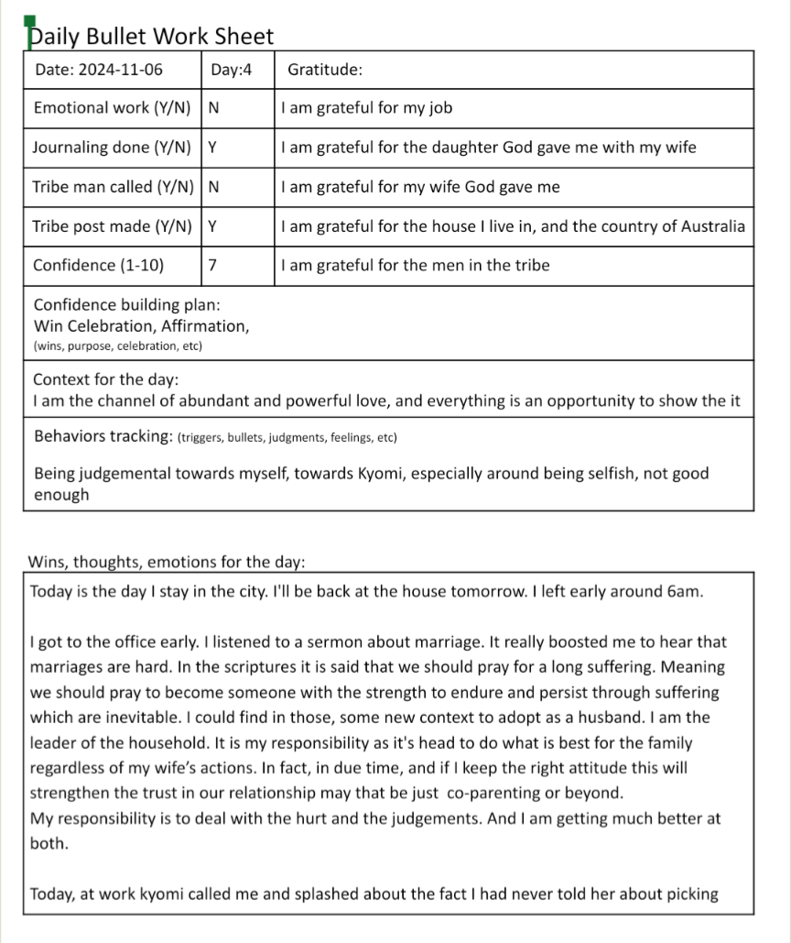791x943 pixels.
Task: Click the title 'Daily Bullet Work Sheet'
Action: pyautogui.click(x=151, y=37)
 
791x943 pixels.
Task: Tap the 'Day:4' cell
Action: pyautogui.click(x=231, y=70)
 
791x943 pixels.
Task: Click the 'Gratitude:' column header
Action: pyautogui.click(x=325, y=70)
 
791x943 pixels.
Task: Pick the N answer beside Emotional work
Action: pyautogui.click(x=214, y=108)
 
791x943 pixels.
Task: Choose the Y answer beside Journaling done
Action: pyautogui.click(x=213, y=148)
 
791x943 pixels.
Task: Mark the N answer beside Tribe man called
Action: pyautogui.click(x=214, y=187)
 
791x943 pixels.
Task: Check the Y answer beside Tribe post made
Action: pyautogui.click(x=213, y=226)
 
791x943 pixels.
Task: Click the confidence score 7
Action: pyautogui.click(x=213, y=266)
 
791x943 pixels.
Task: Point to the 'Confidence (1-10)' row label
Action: pyautogui.click(x=99, y=266)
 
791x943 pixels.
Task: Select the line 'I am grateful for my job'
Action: pyautogui.click(x=367, y=108)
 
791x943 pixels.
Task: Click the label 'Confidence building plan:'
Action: pyautogui.click(x=126, y=305)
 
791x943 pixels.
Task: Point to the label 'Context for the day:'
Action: pyautogui.click(x=106, y=379)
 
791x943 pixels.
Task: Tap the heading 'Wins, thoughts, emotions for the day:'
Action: pyautogui.click(x=167, y=562)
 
